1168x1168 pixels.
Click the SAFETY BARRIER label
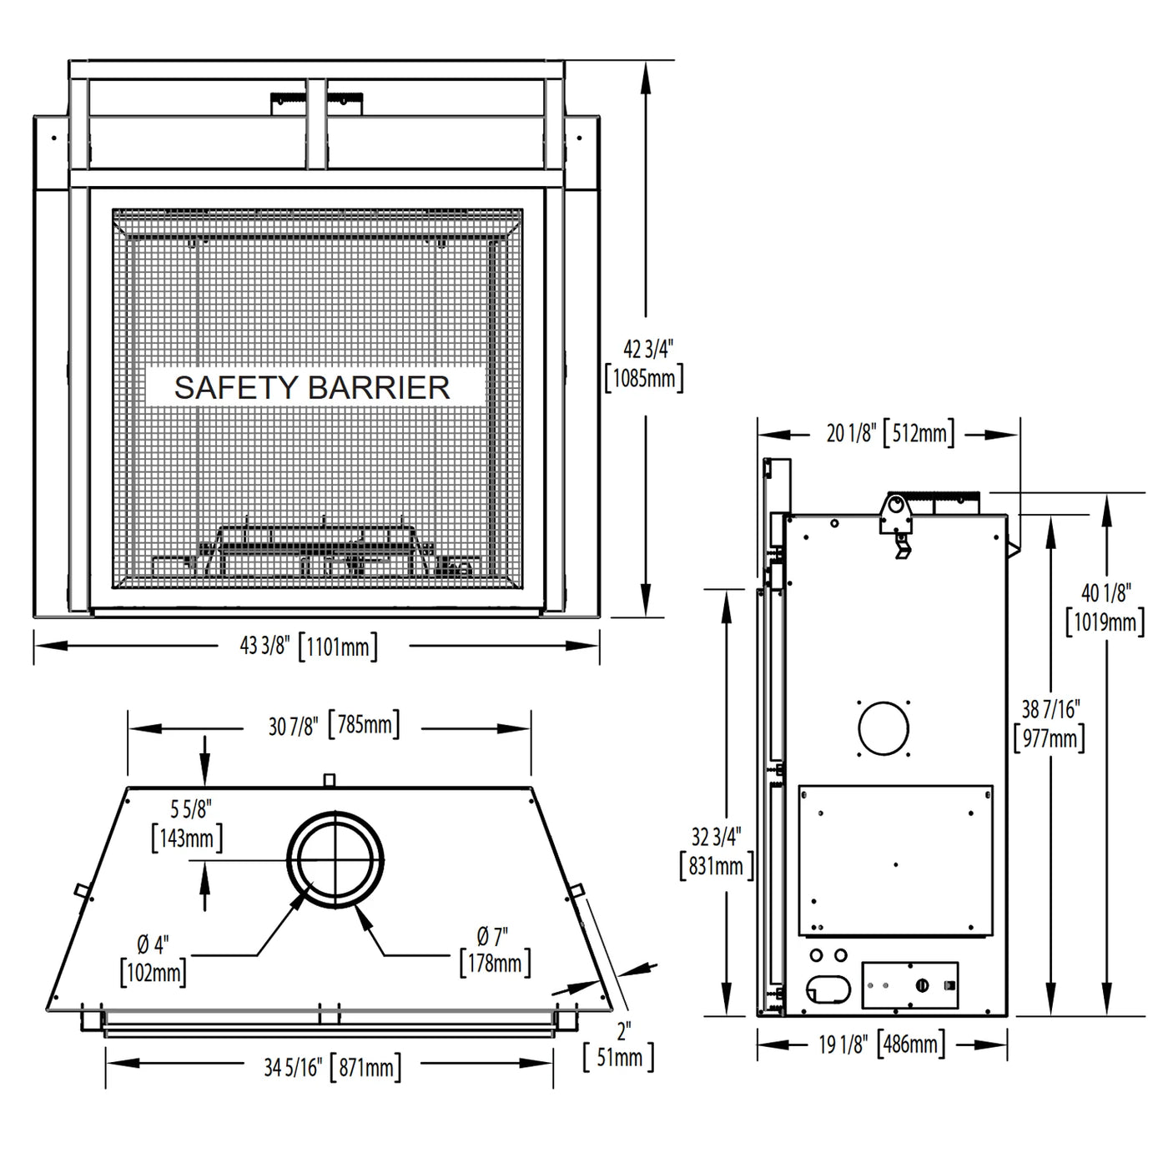(x=312, y=388)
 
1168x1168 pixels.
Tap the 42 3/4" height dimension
(x=648, y=350)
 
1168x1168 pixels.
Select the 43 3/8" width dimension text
(x=264, y=646)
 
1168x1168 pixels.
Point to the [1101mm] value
(x=338, y=647)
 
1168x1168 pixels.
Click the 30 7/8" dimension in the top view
(x=293, y=727)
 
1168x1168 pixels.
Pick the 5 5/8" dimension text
(x=190, y=808)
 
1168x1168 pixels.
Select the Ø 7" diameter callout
(x=492, y=936)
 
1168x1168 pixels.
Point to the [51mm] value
(x=619, y=1058)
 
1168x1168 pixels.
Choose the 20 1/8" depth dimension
(x=852, y=433)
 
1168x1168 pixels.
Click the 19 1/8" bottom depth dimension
(x=843, y=1045)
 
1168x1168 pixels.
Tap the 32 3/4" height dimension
(x=716, y=837)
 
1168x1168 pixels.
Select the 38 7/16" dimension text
(x=1051, y=708)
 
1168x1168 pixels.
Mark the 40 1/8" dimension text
(x=1106, y=593)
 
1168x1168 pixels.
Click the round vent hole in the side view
(x=884, y=728)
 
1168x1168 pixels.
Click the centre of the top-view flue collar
(x=335, y=859)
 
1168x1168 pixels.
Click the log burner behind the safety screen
(x=315, y=551)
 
